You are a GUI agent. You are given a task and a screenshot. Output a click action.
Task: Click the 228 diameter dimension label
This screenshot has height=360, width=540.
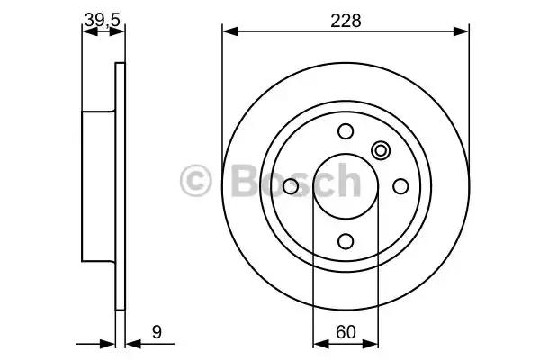[x=346, y=21]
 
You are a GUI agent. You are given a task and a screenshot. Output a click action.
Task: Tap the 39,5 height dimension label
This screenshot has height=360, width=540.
[x=103, y=20]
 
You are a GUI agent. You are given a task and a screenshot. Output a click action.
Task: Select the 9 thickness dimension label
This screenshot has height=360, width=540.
[x=157, y=332]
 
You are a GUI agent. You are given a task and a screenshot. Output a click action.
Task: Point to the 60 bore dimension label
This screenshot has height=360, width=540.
[x=346, y=332]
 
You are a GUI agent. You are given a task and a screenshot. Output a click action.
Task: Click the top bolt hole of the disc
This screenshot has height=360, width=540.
[x=346, y=131]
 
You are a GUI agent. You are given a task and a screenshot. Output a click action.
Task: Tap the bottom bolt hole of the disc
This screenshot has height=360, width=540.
[x=346, y=241]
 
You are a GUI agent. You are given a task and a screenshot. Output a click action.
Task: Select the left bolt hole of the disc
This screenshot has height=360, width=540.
[x=291, y=186]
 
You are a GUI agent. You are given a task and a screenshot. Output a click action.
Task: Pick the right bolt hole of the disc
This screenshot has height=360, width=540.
[x=400, y=186]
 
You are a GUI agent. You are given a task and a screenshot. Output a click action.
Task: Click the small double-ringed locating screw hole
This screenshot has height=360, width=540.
[x=381, y=150]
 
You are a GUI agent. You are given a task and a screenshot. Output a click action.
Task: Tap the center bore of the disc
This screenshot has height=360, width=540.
[x=346, y=186]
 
